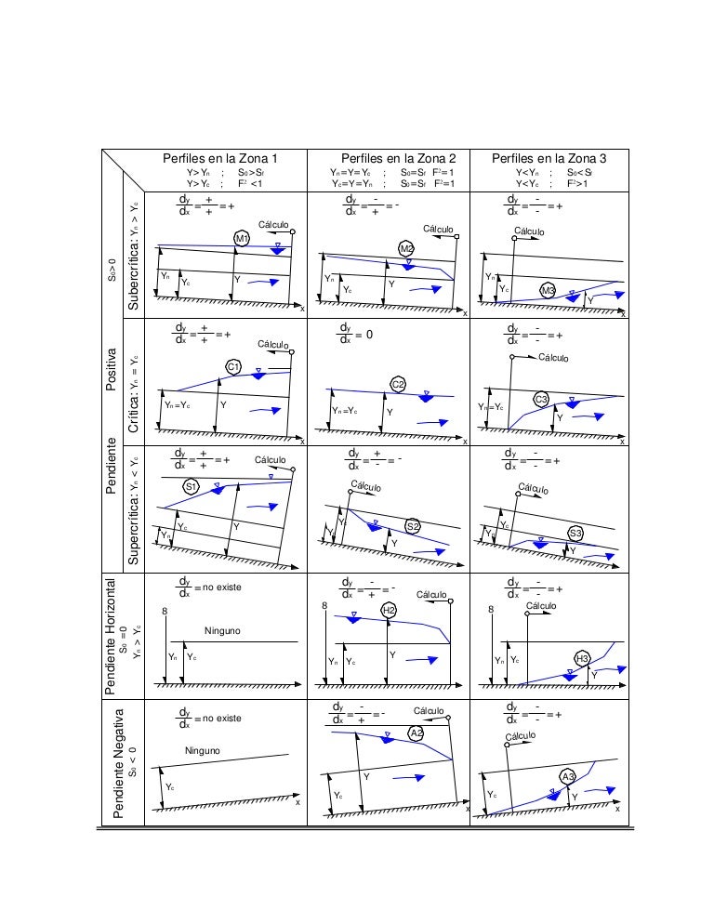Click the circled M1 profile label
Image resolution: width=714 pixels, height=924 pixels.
[x=242, y=239]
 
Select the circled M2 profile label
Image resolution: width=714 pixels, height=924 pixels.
[x=406, y=248]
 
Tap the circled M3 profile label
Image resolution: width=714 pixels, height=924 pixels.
[x=549, y=291]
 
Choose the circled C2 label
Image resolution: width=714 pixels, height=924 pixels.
[x=398, y=385]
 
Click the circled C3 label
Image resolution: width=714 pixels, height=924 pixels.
[x=542, y=400]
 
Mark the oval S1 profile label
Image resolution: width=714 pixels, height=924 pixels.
[x=191, y=486]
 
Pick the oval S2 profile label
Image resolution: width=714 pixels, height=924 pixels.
[x=413, y=526]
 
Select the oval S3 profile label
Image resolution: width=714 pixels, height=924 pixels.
[x=575, y=533]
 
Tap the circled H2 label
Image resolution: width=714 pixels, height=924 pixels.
[x=389, y=610]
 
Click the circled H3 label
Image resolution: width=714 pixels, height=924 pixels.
[x=583, y=659]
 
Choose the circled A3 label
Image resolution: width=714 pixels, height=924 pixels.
[x=568, y=776]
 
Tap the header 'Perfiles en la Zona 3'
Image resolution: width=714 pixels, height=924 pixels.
[x=549, y=159]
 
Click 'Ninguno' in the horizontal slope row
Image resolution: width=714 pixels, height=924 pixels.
[x=222, y=631]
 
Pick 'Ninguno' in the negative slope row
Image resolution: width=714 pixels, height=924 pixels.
[x=202, y=750]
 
